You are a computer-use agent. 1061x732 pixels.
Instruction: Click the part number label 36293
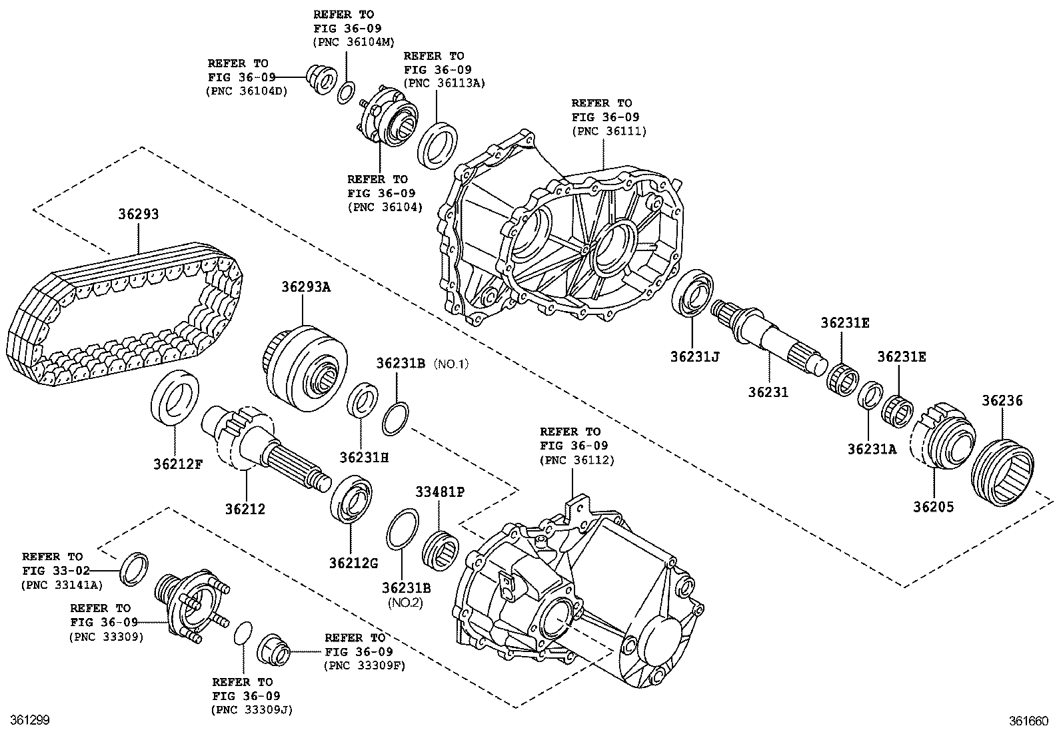coord(139,214)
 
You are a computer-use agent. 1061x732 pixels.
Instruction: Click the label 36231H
coord(363,458)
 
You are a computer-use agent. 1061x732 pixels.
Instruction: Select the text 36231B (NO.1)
coord(422,364)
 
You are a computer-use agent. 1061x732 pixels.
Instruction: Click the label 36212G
coord(353,563)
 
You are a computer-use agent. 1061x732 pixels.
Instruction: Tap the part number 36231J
coord(695,356)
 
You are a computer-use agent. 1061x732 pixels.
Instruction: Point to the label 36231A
coord(872,449)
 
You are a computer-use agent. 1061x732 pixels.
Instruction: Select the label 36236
coord(1002,401)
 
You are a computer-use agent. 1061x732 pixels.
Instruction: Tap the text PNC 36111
coord(609,131)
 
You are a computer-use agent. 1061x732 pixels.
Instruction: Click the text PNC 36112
coord(577,460)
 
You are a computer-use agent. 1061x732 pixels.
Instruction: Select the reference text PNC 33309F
coord(365,665)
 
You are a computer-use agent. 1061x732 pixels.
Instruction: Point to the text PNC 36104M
coord(353,42)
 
